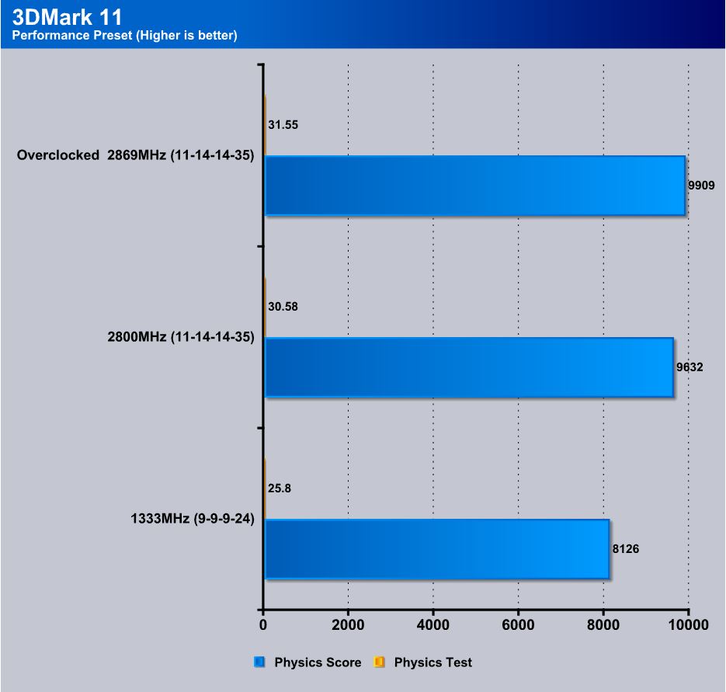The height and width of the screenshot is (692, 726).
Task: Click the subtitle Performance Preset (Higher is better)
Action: click(x=124, y=35)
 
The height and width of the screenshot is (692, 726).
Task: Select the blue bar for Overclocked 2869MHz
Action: click(x=474, y=186)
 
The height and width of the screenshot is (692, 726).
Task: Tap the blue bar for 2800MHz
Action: click(x=468, y=367)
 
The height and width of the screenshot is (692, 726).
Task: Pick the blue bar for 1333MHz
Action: click(x=436, y=549)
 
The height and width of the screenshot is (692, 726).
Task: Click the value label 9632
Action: click(x=690, y=367)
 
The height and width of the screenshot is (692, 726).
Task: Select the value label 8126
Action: click(x=626, y=549)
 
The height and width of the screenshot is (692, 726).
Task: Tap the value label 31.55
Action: click(x=283, y=124)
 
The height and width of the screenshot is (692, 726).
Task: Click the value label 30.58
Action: click(x=283, y=307)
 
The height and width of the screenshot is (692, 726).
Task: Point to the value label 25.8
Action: click(x=280, y=489)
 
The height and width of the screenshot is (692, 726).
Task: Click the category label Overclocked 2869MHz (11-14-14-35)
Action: click(x=136, y=155)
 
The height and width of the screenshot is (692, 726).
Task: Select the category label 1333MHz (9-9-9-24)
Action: click(x=193, y=519)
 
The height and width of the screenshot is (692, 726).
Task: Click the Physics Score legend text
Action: click(x=318, y=662)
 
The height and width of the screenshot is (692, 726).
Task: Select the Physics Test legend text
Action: click(x=433, y=662)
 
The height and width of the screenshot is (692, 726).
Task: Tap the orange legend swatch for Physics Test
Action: click(x=380, y=662)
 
